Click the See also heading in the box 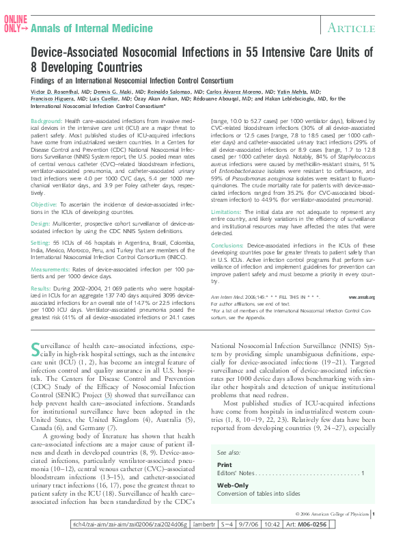[228, 453]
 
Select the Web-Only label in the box [232, 485]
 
